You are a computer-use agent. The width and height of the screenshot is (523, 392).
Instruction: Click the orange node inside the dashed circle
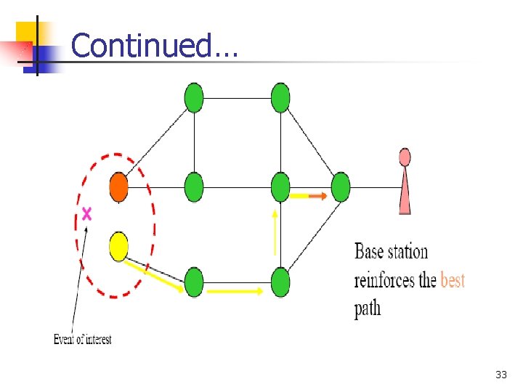coord(118,188)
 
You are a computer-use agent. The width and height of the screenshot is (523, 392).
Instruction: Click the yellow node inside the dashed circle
coord(118,246)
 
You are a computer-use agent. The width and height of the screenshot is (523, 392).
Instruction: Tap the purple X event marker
coord(87,213)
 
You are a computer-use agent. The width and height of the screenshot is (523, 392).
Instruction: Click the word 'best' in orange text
coord(453,280)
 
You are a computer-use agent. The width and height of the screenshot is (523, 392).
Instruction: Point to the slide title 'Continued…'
coord(154,46)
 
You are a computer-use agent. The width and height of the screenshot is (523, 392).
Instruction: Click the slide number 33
coord(500,375)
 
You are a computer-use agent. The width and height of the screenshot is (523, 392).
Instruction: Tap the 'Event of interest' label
coord(83,339)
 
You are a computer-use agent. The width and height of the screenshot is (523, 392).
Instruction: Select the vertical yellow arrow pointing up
coord(275,232)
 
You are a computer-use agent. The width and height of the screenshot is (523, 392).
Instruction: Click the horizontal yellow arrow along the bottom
coord(235,291)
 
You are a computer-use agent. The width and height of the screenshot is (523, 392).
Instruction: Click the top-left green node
coord(194,98)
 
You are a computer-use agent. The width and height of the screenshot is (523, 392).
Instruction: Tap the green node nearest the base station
coord(340,187)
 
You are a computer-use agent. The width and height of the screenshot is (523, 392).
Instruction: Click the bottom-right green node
coord(280,282)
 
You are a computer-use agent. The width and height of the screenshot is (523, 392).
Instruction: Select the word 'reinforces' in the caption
coord(385,280)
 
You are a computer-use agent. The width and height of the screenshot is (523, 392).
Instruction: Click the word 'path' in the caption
coord(368,309)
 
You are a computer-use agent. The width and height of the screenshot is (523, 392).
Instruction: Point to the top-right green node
coord(280,98)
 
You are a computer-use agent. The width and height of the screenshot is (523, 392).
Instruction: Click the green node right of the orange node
coord(194,187)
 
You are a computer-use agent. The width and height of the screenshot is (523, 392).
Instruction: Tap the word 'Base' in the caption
coord(370,252)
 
